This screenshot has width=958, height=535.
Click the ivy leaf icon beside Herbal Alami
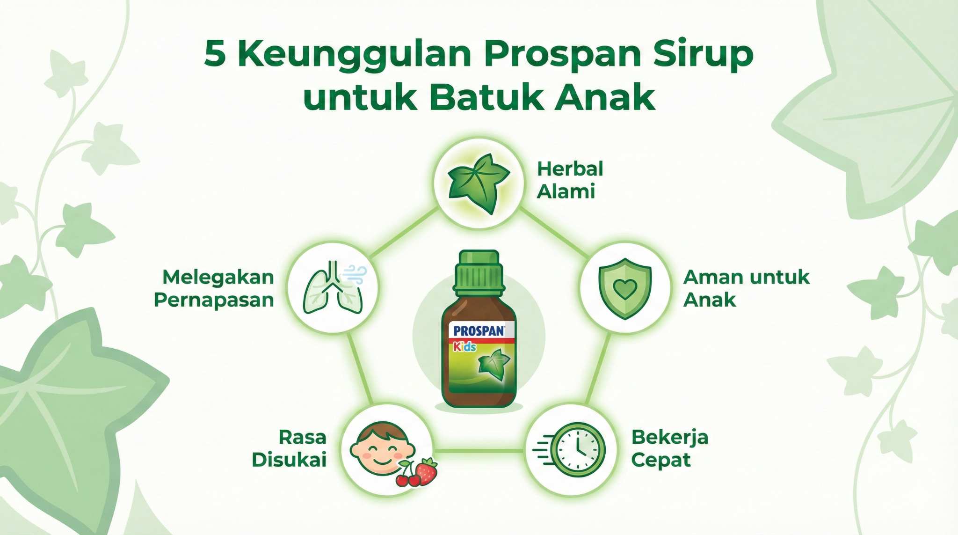click(479, 183)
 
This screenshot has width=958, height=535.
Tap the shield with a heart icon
click(625, 288)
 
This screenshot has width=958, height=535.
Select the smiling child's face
click(381, 448)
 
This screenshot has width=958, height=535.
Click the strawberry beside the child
click(427, 471)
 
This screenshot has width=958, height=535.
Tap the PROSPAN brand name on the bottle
click(479, 331)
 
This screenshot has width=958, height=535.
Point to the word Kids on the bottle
click(464, 347)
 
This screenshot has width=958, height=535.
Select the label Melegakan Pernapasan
click(214, 289)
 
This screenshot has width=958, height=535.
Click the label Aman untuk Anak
click(746, 289)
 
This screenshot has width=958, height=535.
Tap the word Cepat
click(660, 460)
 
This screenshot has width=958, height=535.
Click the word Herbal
click(570, 169)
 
